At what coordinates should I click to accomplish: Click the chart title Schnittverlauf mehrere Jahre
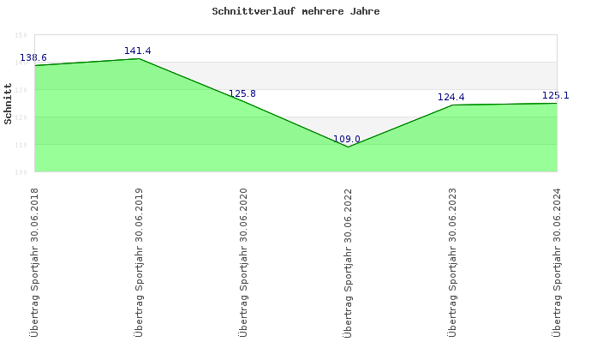(295, 12)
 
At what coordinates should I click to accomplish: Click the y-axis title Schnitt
(9, 104)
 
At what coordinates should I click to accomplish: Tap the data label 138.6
(33, 57)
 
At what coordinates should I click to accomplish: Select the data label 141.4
(137, 51)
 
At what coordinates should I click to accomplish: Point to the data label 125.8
(242, 94)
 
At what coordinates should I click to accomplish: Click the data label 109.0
(346, 139)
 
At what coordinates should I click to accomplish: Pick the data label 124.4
(451, 97)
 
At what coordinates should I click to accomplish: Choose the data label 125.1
(555, 95)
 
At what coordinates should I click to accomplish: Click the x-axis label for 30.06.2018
(34, 261)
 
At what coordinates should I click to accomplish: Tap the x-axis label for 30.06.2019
(139, 261)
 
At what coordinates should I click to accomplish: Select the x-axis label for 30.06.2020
(243, 261)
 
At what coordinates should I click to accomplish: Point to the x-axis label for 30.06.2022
(348, 261)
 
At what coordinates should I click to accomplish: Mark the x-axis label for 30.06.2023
(452, 261)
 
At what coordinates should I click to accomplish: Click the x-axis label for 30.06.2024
(557, 261)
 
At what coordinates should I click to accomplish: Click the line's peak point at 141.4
(139, 58)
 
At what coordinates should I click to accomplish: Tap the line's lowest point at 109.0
(348, 147)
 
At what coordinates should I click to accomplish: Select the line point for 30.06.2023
(452, 105)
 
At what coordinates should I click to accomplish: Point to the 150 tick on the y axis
(21, 35)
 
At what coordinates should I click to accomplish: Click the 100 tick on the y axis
(21, 172)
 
